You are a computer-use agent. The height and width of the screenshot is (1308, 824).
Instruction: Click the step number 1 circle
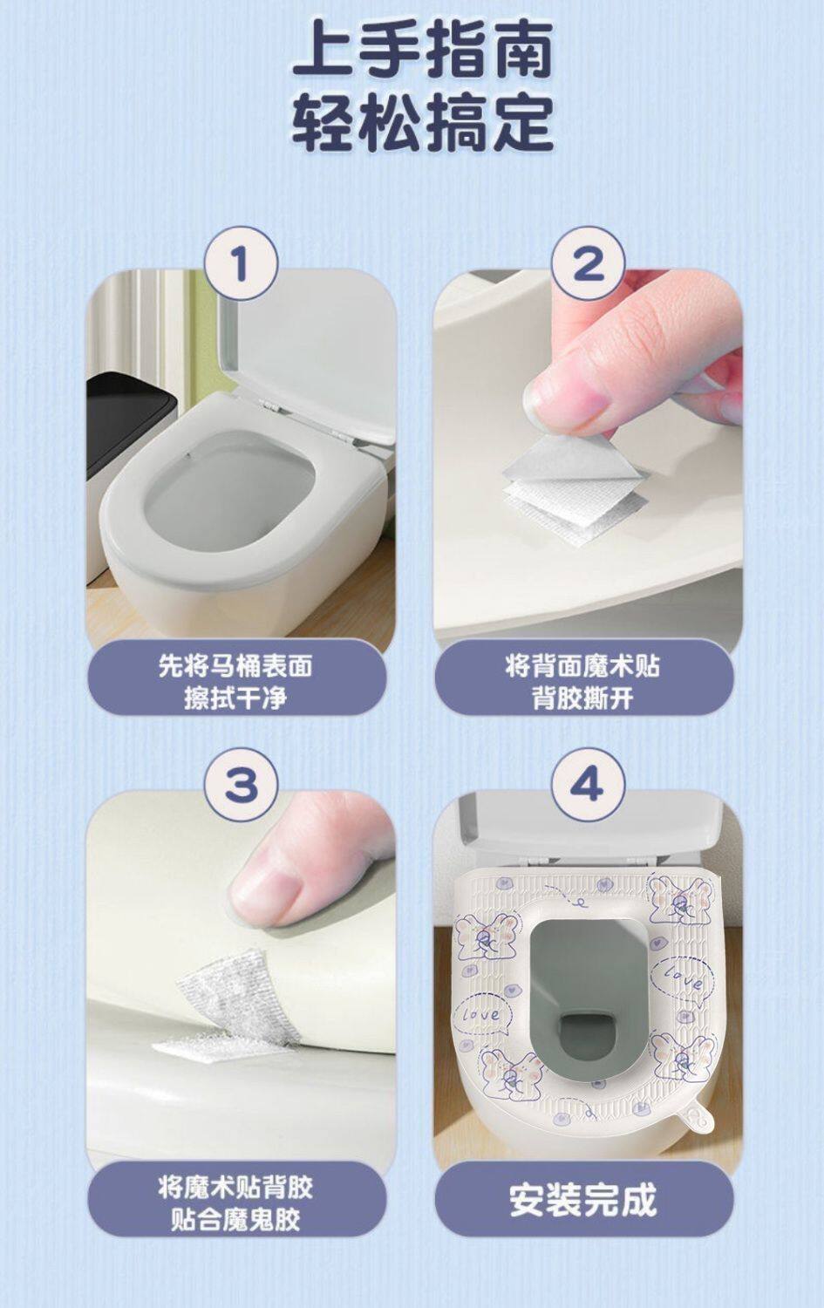click(x=242, y=263)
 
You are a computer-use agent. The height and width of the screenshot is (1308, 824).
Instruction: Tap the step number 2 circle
click(x=588, y=263)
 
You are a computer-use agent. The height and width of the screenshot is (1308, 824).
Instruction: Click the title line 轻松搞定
click(x=422, y=123)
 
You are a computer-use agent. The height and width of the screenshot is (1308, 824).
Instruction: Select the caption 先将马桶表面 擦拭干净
click(x=236, y=681)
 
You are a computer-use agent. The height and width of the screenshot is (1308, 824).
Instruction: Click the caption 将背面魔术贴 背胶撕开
click(x=582, y=681)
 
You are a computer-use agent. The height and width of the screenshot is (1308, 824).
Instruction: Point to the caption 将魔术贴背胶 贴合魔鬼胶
click(x=236, y=1202)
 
